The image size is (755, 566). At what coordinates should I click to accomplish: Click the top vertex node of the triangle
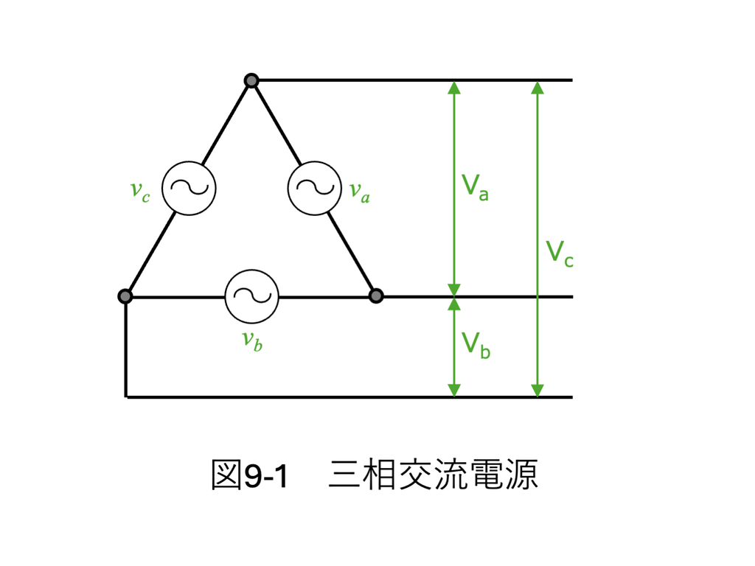251,80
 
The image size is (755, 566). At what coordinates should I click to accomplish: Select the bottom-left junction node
125,296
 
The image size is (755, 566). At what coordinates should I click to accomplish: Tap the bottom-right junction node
376,296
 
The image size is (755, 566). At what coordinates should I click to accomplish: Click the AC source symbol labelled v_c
189,188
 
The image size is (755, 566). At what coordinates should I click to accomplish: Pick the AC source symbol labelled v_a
315,188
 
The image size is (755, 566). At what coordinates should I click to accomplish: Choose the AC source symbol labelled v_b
252,296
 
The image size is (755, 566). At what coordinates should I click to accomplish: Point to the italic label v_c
140,191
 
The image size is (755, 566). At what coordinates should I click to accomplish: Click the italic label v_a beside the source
360,192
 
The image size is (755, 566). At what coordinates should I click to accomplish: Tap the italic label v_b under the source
252,340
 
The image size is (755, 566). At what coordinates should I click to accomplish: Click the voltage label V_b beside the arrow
476,345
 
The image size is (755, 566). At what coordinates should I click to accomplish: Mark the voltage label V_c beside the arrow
560,254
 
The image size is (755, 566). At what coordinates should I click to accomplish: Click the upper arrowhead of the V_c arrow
537,87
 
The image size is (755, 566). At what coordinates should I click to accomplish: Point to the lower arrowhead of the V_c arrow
537,391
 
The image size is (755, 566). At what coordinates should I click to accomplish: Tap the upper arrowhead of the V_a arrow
454,87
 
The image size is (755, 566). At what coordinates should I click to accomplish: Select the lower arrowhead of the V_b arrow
454,391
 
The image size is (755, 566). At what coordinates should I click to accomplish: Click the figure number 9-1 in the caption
266,476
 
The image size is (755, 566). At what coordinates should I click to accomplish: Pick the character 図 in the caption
226,475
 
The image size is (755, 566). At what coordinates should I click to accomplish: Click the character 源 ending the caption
522,475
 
